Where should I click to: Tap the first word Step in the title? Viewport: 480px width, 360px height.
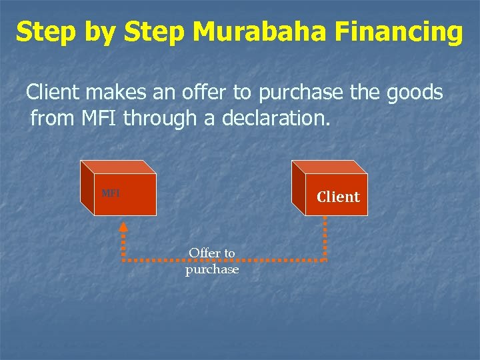coord(45,32)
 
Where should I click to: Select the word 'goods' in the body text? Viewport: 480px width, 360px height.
coord(415,93)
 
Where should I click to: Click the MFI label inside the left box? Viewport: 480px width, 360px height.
coord(111,194)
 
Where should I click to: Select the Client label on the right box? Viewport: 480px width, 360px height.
coord(338,197)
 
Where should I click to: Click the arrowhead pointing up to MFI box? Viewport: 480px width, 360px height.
coord(123,226)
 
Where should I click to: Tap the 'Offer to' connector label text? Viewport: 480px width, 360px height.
coord(212,253)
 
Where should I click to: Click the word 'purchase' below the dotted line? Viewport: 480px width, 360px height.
coord(212,270)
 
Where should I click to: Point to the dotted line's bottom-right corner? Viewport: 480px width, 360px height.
coord(325,259)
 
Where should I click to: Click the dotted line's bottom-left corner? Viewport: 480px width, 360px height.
coord(123,259)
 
